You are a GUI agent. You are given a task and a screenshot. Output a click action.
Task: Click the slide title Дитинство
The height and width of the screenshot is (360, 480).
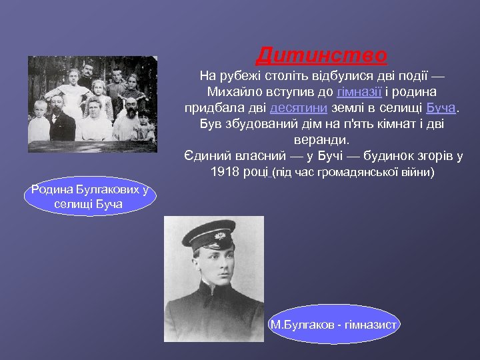tap(321, 54)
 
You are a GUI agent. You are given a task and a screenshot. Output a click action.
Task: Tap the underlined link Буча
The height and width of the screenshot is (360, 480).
tap(441, 107)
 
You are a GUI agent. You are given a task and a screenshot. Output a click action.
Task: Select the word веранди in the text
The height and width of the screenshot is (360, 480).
tap(321, 140)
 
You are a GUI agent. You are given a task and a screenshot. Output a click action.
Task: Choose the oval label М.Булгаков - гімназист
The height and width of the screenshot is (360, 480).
tap(333, 325)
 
